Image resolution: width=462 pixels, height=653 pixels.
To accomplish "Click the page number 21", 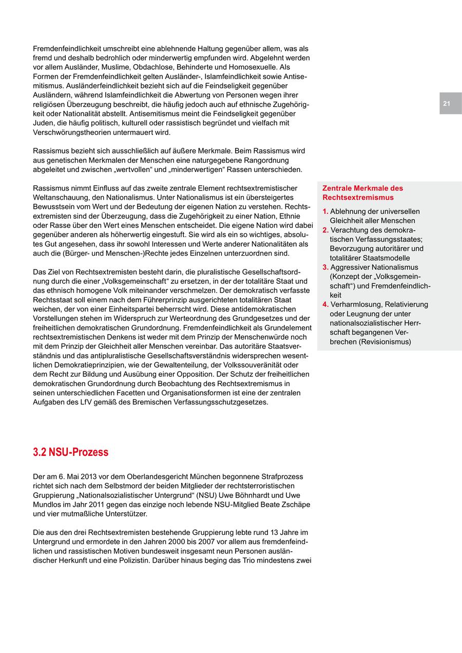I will point(447,104).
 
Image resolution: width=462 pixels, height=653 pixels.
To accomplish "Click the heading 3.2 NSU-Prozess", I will point(71,452).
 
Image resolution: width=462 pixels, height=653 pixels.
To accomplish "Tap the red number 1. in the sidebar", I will point(325,212).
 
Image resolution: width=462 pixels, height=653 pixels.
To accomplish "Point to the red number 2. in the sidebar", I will point(325,230).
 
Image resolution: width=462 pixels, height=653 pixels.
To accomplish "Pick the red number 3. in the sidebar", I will point(325,267).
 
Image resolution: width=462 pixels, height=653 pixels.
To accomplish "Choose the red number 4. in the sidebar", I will point(325,304).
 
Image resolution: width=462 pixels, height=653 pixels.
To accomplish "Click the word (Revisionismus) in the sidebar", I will point(386,342).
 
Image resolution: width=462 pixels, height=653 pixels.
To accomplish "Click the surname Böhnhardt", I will point(241,495).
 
